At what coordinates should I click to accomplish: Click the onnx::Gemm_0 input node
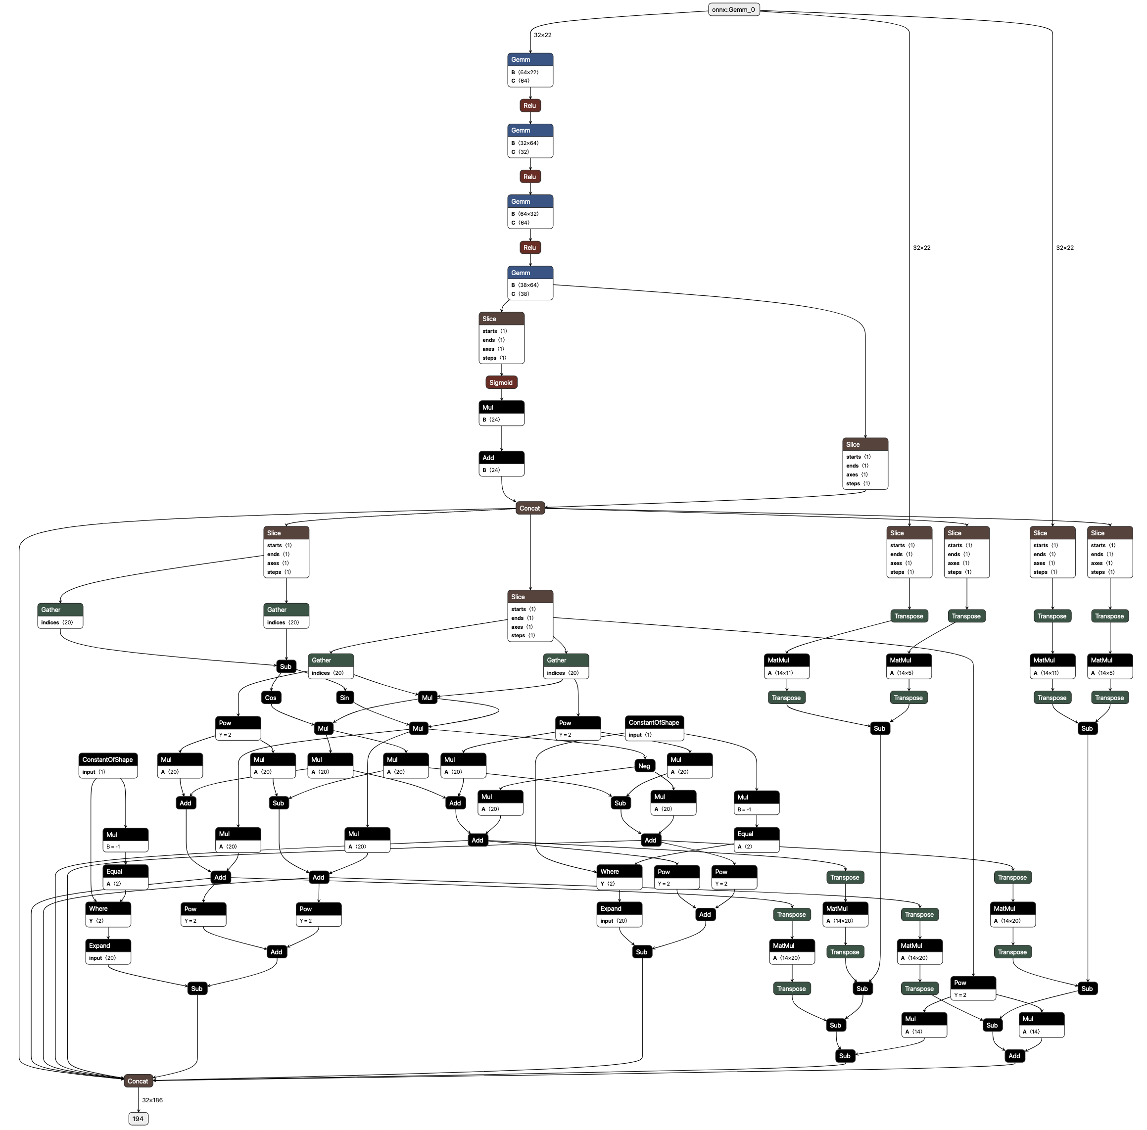(x=733, y=9)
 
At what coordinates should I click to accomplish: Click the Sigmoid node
(x=501, y=383)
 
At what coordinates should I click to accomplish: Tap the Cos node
(x=271, y=698)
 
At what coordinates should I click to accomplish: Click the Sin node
(x=344, y=698)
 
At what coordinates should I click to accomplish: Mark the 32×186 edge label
(x=152, y=1100)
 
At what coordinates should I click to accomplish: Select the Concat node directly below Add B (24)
(x=529, y=509)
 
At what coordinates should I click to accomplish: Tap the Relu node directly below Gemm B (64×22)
(x=529, y=106)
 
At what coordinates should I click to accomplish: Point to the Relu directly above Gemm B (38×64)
(x=529, y=248)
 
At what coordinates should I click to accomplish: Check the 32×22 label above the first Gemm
(x=543, y=35)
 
